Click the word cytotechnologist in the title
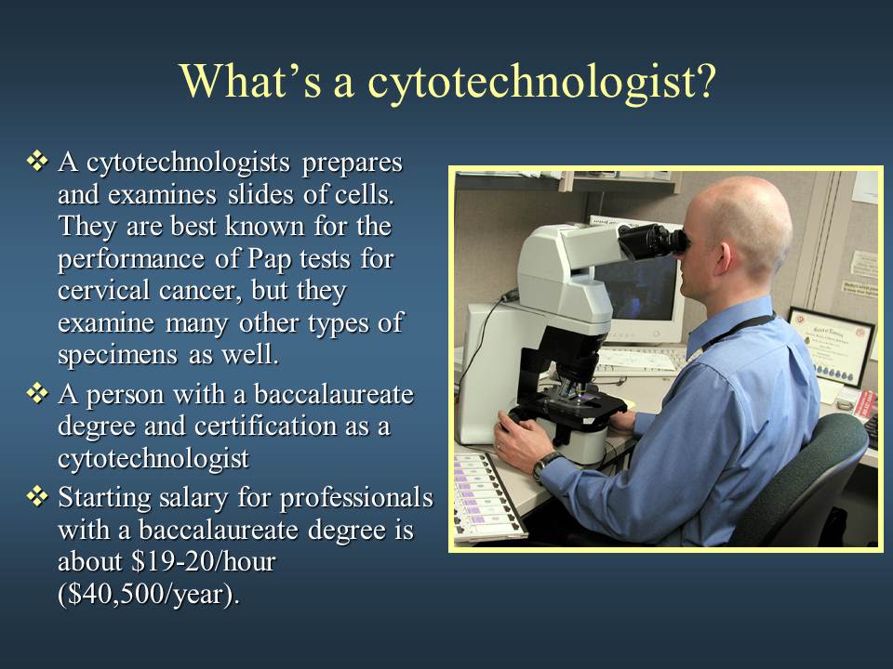541,83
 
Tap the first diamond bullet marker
37,161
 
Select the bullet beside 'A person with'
37,393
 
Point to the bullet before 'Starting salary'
37,496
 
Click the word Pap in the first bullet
270,259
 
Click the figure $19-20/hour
204,561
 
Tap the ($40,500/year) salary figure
149,595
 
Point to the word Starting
104,499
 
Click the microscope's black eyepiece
653,242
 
